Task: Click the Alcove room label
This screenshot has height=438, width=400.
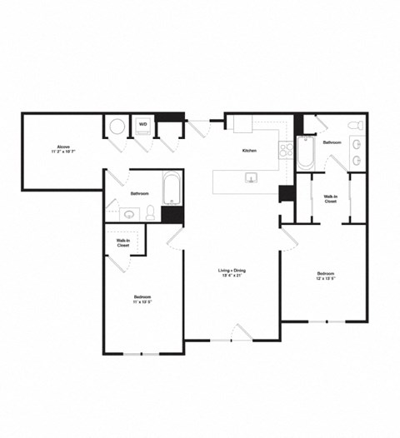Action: click(62, 147)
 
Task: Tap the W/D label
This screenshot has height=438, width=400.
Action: click(142, 124)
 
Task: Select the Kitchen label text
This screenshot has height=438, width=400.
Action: click(249, 151)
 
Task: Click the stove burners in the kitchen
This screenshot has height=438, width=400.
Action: click(285, 151)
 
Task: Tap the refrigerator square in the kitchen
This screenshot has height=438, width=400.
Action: click(242, 124)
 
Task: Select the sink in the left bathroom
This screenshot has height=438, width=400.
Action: click(130, 214)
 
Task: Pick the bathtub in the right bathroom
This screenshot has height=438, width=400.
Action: click(305, 153)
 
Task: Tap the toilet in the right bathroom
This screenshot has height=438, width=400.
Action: click(356, 126)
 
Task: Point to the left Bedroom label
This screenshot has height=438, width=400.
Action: click(142, 297)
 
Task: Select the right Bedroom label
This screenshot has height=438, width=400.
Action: click(325, 274)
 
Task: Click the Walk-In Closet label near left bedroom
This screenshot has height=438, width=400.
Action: click(122, 243)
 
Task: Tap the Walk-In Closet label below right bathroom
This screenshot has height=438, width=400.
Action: click(330, 199)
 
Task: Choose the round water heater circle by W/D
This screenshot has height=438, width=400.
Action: click(117, 127)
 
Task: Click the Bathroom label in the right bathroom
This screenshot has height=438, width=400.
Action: click(332, 142)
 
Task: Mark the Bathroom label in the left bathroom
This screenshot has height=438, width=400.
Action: click(139, 193)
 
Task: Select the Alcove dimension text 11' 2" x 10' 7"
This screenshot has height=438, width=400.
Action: click(62, 152)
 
